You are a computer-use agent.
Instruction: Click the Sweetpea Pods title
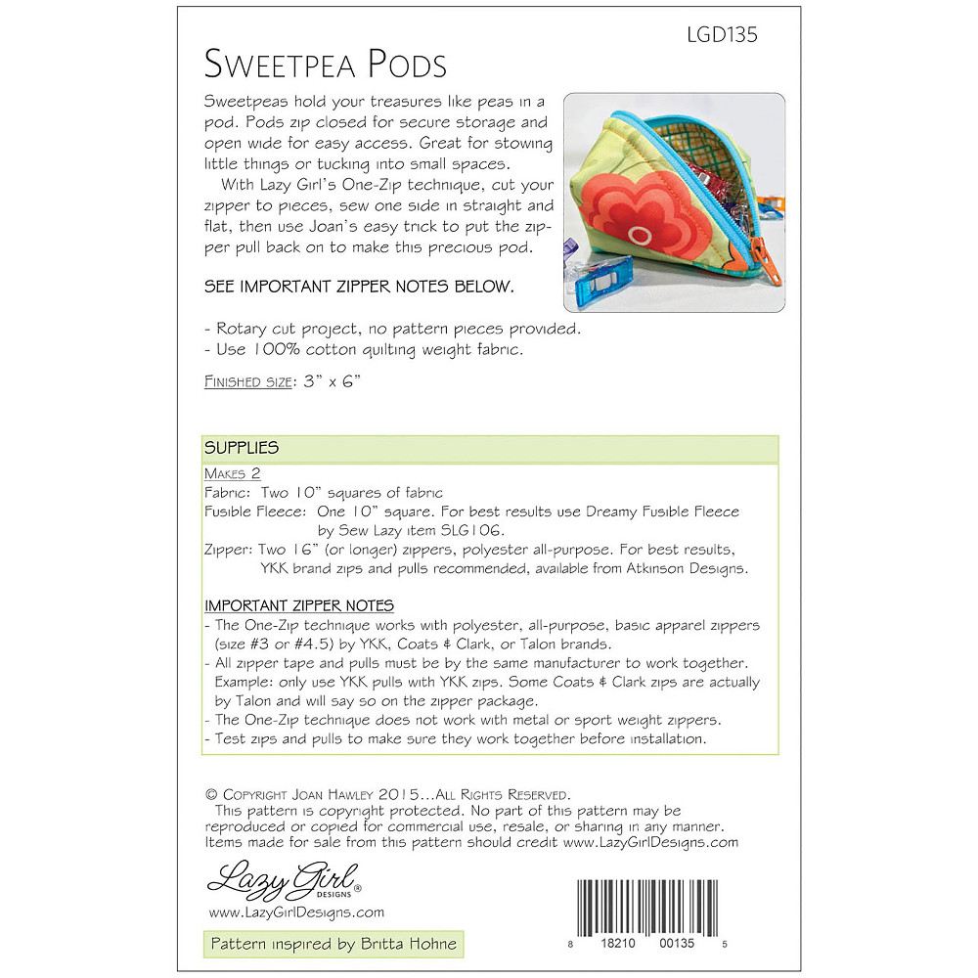click(326, 64)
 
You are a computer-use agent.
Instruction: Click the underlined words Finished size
click(244, 383)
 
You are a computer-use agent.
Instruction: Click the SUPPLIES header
click(243, 448)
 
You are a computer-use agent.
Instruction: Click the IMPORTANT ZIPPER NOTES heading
click(300, 605)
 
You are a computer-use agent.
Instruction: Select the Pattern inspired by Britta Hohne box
click(331, 945)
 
